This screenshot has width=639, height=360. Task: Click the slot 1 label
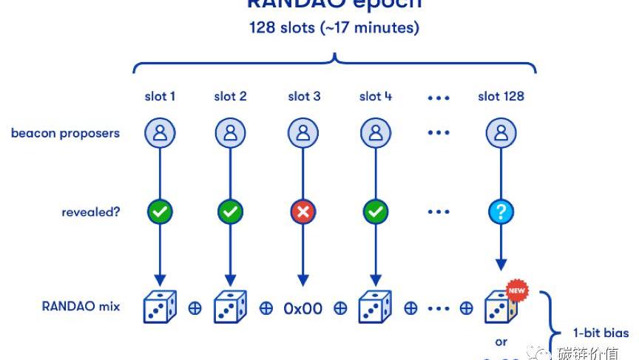pyautogui.click(x=160, y=96)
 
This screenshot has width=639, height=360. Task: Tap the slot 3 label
pyautogui.click(x=304, y=96)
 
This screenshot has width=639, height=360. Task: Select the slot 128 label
pyautogui.click(x=501, y=96)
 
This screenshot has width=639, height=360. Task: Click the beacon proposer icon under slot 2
pyautogui.click(x=230, y=133)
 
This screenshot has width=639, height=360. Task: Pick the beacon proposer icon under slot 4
pyautogui.click(x=376, y=133)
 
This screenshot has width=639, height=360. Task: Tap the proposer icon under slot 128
pyautogui.click(x=501, y=133)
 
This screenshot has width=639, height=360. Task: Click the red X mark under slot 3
pyautogui.click(x=303, y=212)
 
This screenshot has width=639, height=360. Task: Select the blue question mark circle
pyautogui.click(x=501, y=212)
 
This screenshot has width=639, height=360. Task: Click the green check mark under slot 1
pyautogui.click(x=160, y=212)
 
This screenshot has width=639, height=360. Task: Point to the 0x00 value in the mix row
pyautogui.click(x=303, y=308)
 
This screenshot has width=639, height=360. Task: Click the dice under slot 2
pyautogui.click(x=230, y=307)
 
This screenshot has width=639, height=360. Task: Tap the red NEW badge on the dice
pyautogui.click(x=516, y=291)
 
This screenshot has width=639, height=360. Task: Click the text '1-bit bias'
pyautogui.click(x=601, y=333)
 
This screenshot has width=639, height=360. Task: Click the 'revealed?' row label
pyautogui.click(x=91, y=212)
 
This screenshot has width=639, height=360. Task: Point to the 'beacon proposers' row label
pyautogui.click(x=65, y=133)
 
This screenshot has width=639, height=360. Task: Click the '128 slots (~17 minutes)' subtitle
pyautogui.click(x=334, y=28)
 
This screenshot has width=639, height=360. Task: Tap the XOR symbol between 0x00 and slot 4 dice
pyautogui.click(x=340, y=308)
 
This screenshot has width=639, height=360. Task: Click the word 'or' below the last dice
pyautogui.click(x=501, y=342)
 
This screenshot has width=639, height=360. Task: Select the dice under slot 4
pyautogui.click(x=376, y=307)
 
